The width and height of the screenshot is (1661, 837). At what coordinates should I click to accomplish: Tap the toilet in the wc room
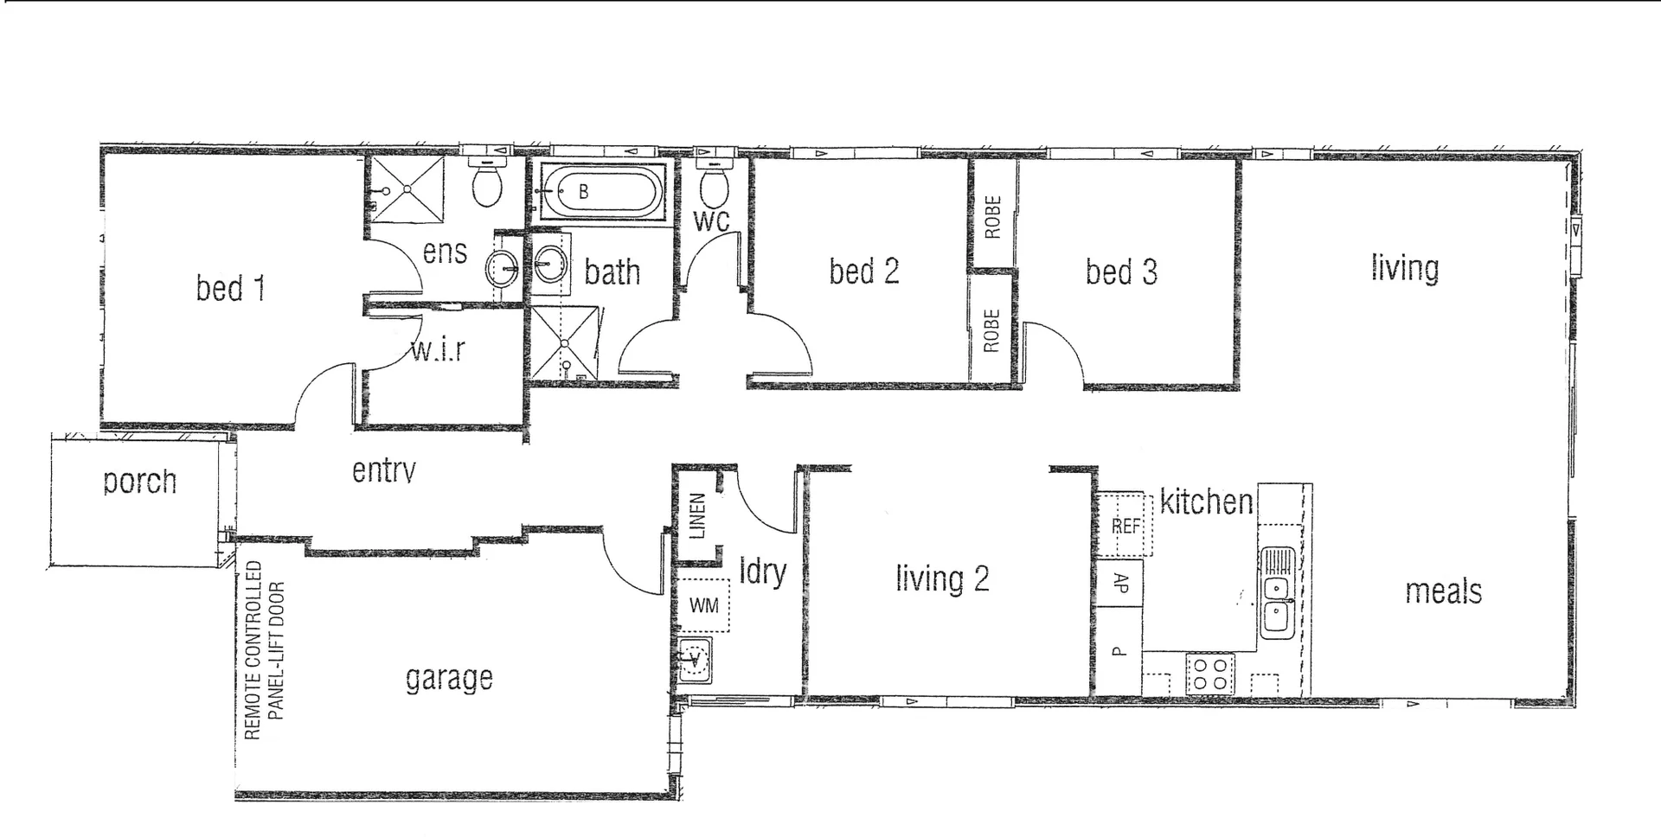tap(714, 183)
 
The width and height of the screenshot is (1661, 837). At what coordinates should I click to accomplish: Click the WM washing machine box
tap(703, 605)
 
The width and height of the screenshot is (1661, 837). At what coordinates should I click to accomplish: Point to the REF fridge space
tap(1126, 525)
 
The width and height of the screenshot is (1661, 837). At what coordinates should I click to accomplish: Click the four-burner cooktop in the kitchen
tap(1210, 674)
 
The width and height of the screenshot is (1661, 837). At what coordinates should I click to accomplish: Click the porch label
tap(139, 482)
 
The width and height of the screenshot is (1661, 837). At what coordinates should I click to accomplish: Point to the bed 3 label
tap(1121, 272)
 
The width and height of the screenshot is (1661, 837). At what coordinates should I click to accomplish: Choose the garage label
tap(449, 679)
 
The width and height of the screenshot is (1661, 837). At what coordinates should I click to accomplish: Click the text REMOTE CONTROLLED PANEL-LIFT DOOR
tap(264, 650)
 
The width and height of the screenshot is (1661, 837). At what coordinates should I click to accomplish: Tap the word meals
tap(1443, 592)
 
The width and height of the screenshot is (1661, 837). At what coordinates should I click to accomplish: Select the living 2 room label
tap(942, 578)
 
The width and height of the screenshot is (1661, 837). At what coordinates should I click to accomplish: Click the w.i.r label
tap(438, 350)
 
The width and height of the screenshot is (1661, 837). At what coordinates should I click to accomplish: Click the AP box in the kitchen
tap(1120, 583)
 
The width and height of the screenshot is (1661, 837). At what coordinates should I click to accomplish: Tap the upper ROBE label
tap(993, 217)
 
